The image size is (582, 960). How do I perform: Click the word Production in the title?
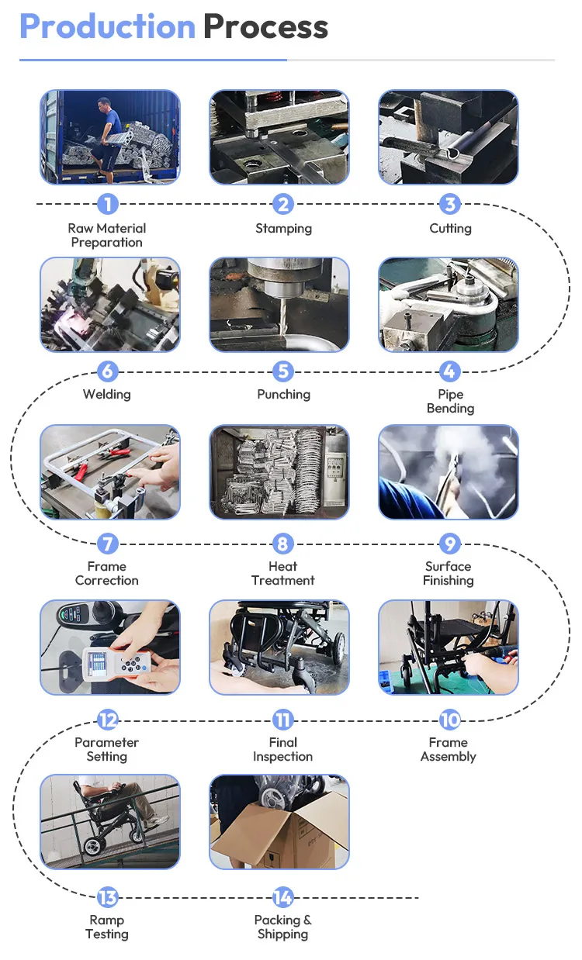coord(107,26)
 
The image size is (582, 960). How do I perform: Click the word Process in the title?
coord(265,26)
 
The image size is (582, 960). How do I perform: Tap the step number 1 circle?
coord(108,204)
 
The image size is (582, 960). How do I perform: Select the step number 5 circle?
coord(283,371)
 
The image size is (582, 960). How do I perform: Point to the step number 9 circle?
coord(450,544)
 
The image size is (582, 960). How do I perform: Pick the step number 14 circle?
coord(283,897)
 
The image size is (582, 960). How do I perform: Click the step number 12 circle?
coord(108,720)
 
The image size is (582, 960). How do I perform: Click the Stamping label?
coord(283,229)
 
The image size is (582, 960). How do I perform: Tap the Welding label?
coord(107,394)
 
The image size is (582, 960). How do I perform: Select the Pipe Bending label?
coord(450,401)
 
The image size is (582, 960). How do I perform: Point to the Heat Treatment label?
coord(283,573)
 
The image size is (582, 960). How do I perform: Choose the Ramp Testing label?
coord(107,927)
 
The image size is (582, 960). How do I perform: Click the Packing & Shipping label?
coord(283,927)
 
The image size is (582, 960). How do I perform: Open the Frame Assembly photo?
coord(449,647)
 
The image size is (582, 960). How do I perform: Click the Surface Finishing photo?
coord(449,471)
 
